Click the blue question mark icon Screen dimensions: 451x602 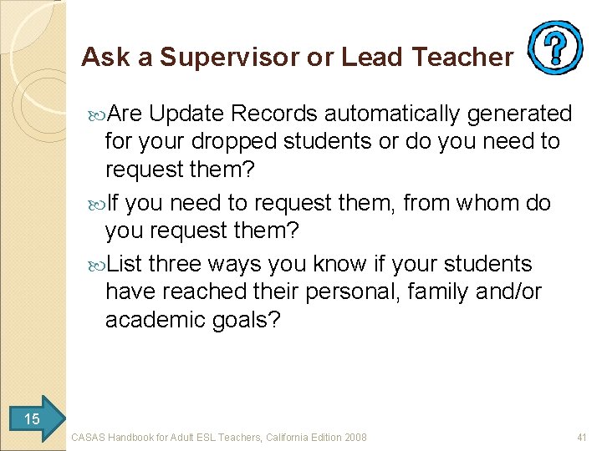556,48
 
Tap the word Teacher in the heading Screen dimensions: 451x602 466,57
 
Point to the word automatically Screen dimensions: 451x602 391,114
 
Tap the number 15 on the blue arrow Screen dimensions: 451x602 32,418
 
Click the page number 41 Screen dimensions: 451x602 582,437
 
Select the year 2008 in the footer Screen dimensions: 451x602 354,437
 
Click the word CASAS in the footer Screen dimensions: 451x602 88,437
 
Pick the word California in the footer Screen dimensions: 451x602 286,437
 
